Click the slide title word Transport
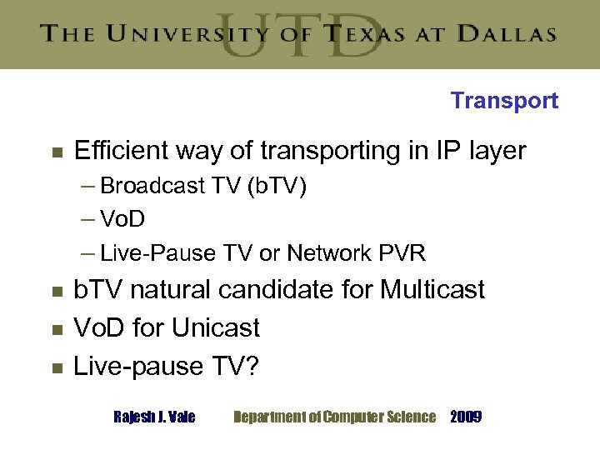[504, 101]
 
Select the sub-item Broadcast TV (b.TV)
[203, 186]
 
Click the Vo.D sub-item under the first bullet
[122, 219]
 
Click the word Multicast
[432, 290]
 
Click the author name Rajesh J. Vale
[154, 417]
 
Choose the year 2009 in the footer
[465, 417]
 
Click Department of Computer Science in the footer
[334, 417]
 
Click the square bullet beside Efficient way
[57, 152]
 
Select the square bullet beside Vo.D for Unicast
[57, 329]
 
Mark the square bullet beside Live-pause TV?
[57, 367]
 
